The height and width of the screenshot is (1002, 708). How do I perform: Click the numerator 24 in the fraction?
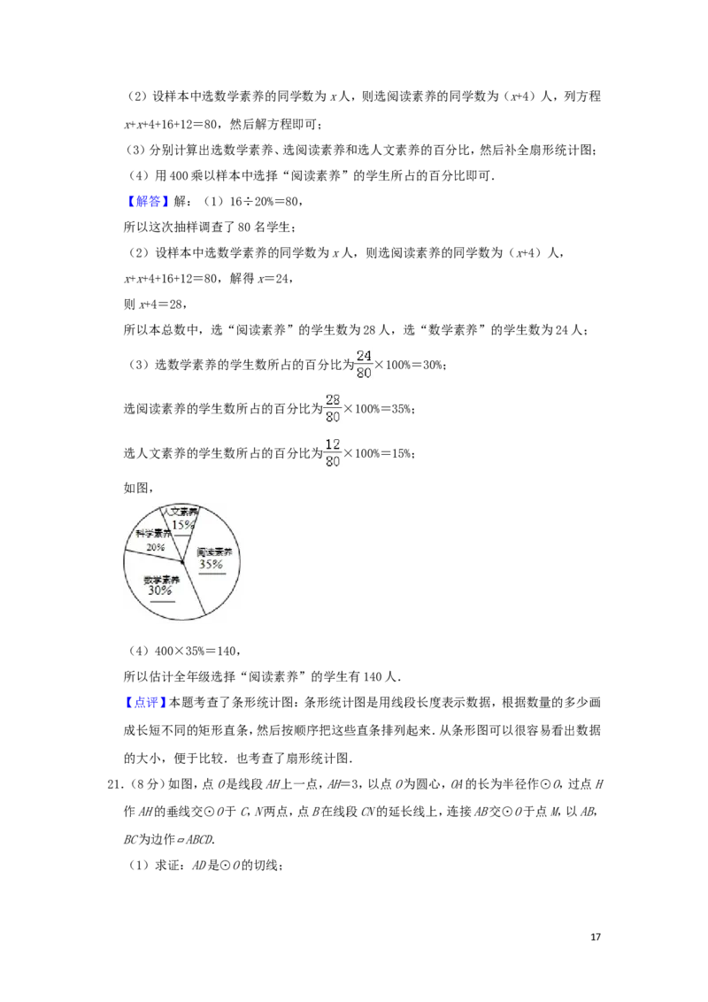coord(364,356)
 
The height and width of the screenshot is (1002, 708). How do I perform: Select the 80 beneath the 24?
coord(364,374)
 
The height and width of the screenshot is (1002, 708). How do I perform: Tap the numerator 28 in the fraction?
coord(333,399)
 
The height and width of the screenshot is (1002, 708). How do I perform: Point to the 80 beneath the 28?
coord(333,416)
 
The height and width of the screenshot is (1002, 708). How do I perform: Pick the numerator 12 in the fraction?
coord(333,443)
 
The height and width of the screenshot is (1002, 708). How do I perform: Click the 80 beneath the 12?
coord(333,461)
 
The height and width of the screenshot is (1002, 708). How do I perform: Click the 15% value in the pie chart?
coord(182,525)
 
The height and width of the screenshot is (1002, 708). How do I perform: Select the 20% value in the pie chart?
coord(156,548)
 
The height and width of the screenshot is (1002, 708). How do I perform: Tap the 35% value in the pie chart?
coord(212,564)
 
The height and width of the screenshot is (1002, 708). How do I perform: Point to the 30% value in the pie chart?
coord(161,590)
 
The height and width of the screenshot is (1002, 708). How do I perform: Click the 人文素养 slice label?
coord(181,513)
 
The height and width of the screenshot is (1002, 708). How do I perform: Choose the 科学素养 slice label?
coord(153,535)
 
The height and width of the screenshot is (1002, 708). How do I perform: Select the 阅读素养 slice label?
coord(213,552)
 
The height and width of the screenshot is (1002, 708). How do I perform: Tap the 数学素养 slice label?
coord(161,580)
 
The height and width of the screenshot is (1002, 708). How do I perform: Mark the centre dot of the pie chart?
coord(182,562)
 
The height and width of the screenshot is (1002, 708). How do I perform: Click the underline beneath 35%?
coord(212,573)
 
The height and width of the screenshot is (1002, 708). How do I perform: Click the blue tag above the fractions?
coord(148,203)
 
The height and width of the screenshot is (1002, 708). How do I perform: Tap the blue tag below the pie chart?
coord(144,702)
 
